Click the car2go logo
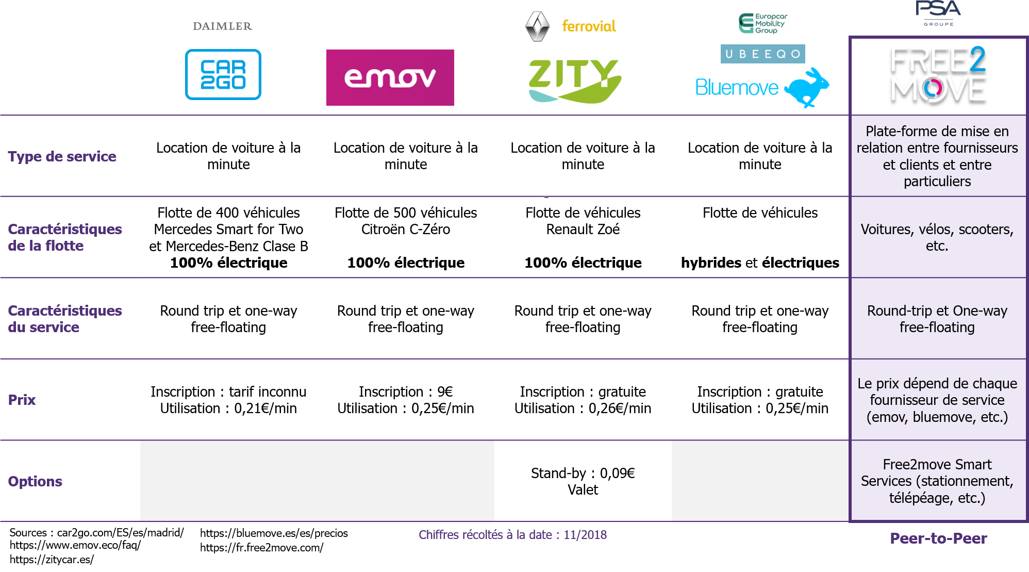click(223, 74)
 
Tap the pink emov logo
click(390, 77)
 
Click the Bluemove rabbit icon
click(807, 87)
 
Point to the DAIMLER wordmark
click(223, 26)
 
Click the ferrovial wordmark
click(589, 26)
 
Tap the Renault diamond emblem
click(538, 26)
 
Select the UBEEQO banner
click(763, 54)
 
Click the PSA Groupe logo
click(938, 13)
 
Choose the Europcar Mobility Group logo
click(763, 23)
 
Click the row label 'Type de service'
click(62, 156)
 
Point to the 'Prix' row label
click(22, 400)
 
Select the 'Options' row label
click(35, 481)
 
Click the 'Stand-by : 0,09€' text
click(583, 473)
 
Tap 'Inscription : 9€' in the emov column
click(406, 391)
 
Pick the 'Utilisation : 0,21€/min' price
click(228, 408)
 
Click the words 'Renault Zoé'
click(583, 229)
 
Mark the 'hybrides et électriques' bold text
click(760, 263)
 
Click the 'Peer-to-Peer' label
click(938, 538)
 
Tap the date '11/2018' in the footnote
click(585, 535)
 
